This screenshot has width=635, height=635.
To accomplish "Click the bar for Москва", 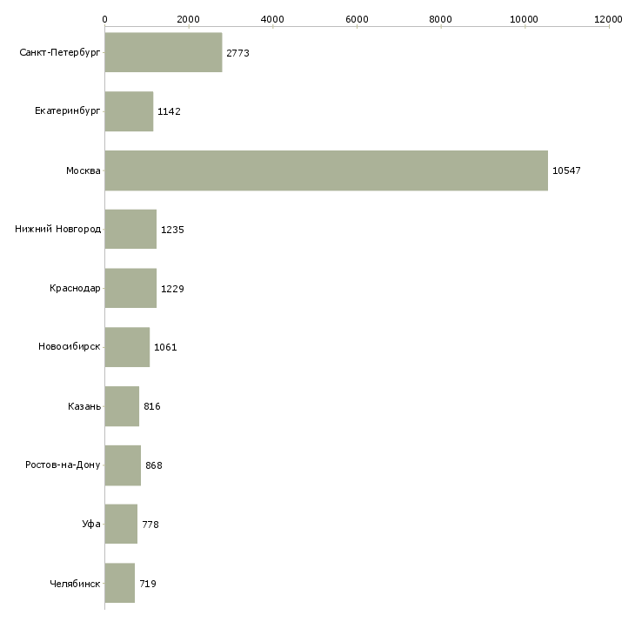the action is click(326, 170).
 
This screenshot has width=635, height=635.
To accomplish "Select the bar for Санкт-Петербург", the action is click(164, 52).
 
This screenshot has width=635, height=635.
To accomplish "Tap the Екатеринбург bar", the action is click(130, 111).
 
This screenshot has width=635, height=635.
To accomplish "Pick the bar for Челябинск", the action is click(120, 583).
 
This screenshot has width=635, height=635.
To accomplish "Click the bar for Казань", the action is click(122, 406).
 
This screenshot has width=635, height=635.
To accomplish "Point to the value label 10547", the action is click(566, 170).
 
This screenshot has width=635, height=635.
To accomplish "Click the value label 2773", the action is click(237, 53).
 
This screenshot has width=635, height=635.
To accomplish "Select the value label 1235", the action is click(172, 230).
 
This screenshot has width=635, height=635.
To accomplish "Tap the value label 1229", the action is click(172, 289).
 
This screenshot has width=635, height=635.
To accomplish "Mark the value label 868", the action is click(154, 465).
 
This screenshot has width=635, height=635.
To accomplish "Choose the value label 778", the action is click(150, 525).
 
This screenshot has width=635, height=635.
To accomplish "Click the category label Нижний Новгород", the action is click(58, 229).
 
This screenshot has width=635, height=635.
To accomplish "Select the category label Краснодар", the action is click(75, 288).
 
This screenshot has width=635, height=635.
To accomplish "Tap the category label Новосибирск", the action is click(70, 346).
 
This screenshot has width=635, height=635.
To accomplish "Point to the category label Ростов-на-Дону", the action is click(63, 465).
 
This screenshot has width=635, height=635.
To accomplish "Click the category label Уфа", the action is click(91, 524).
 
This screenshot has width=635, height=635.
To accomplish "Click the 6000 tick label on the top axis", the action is click(357, 19).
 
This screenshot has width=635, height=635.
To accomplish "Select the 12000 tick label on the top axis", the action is click(608, 19).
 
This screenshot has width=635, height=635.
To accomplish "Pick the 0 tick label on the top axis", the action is click(105, 19).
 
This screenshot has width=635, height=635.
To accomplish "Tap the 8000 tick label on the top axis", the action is click(441, 19).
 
